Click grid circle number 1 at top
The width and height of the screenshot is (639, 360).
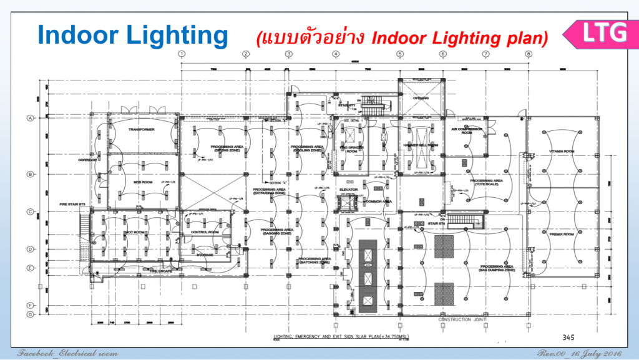click(182, 54)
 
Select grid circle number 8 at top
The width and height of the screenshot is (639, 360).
click(529, 54)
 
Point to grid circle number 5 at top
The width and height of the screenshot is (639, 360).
click(399, 54)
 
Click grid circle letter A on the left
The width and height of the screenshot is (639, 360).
click(29, 117)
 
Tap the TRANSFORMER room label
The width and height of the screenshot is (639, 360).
click(141, 129)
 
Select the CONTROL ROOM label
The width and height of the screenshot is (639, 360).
click(203, 232)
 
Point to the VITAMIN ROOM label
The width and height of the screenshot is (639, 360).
click(560, 151)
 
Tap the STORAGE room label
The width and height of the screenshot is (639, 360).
click(205, 255)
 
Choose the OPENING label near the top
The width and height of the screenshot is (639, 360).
click(421, 98)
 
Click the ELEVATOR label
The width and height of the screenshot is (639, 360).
click(348, 190)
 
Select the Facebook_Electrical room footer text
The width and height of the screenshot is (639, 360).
click(67, 354)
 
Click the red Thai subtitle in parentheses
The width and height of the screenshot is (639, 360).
click(402, 38)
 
